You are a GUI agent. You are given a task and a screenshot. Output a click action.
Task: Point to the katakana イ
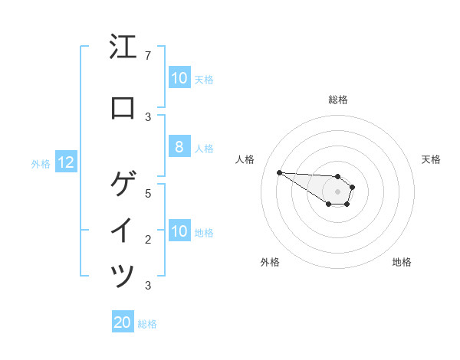123,231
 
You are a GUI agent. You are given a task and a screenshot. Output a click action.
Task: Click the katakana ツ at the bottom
123,276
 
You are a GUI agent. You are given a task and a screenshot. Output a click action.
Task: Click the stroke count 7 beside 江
147,56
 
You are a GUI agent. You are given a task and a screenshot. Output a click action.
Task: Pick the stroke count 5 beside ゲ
147,193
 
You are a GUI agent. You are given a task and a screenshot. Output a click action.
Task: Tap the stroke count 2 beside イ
147,240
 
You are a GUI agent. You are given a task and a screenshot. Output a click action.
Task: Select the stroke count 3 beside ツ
147,286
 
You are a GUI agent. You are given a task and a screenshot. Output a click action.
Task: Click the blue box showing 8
179,148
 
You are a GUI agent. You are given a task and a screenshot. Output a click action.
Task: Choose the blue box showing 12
66,162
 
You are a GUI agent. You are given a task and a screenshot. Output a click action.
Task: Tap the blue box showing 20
123,322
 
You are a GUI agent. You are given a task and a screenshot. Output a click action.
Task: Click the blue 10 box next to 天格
179,78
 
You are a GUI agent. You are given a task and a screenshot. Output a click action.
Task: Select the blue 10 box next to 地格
179,231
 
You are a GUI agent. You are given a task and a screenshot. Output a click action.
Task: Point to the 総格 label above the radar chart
338,100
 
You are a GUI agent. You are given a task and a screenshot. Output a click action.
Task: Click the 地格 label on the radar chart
402,262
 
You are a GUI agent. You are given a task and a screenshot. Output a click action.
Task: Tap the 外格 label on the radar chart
270,262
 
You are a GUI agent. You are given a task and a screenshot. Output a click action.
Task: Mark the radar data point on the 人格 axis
279,172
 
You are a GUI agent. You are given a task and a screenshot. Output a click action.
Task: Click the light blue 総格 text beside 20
147,324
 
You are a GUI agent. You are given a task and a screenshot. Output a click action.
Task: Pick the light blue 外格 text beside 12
41,163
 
